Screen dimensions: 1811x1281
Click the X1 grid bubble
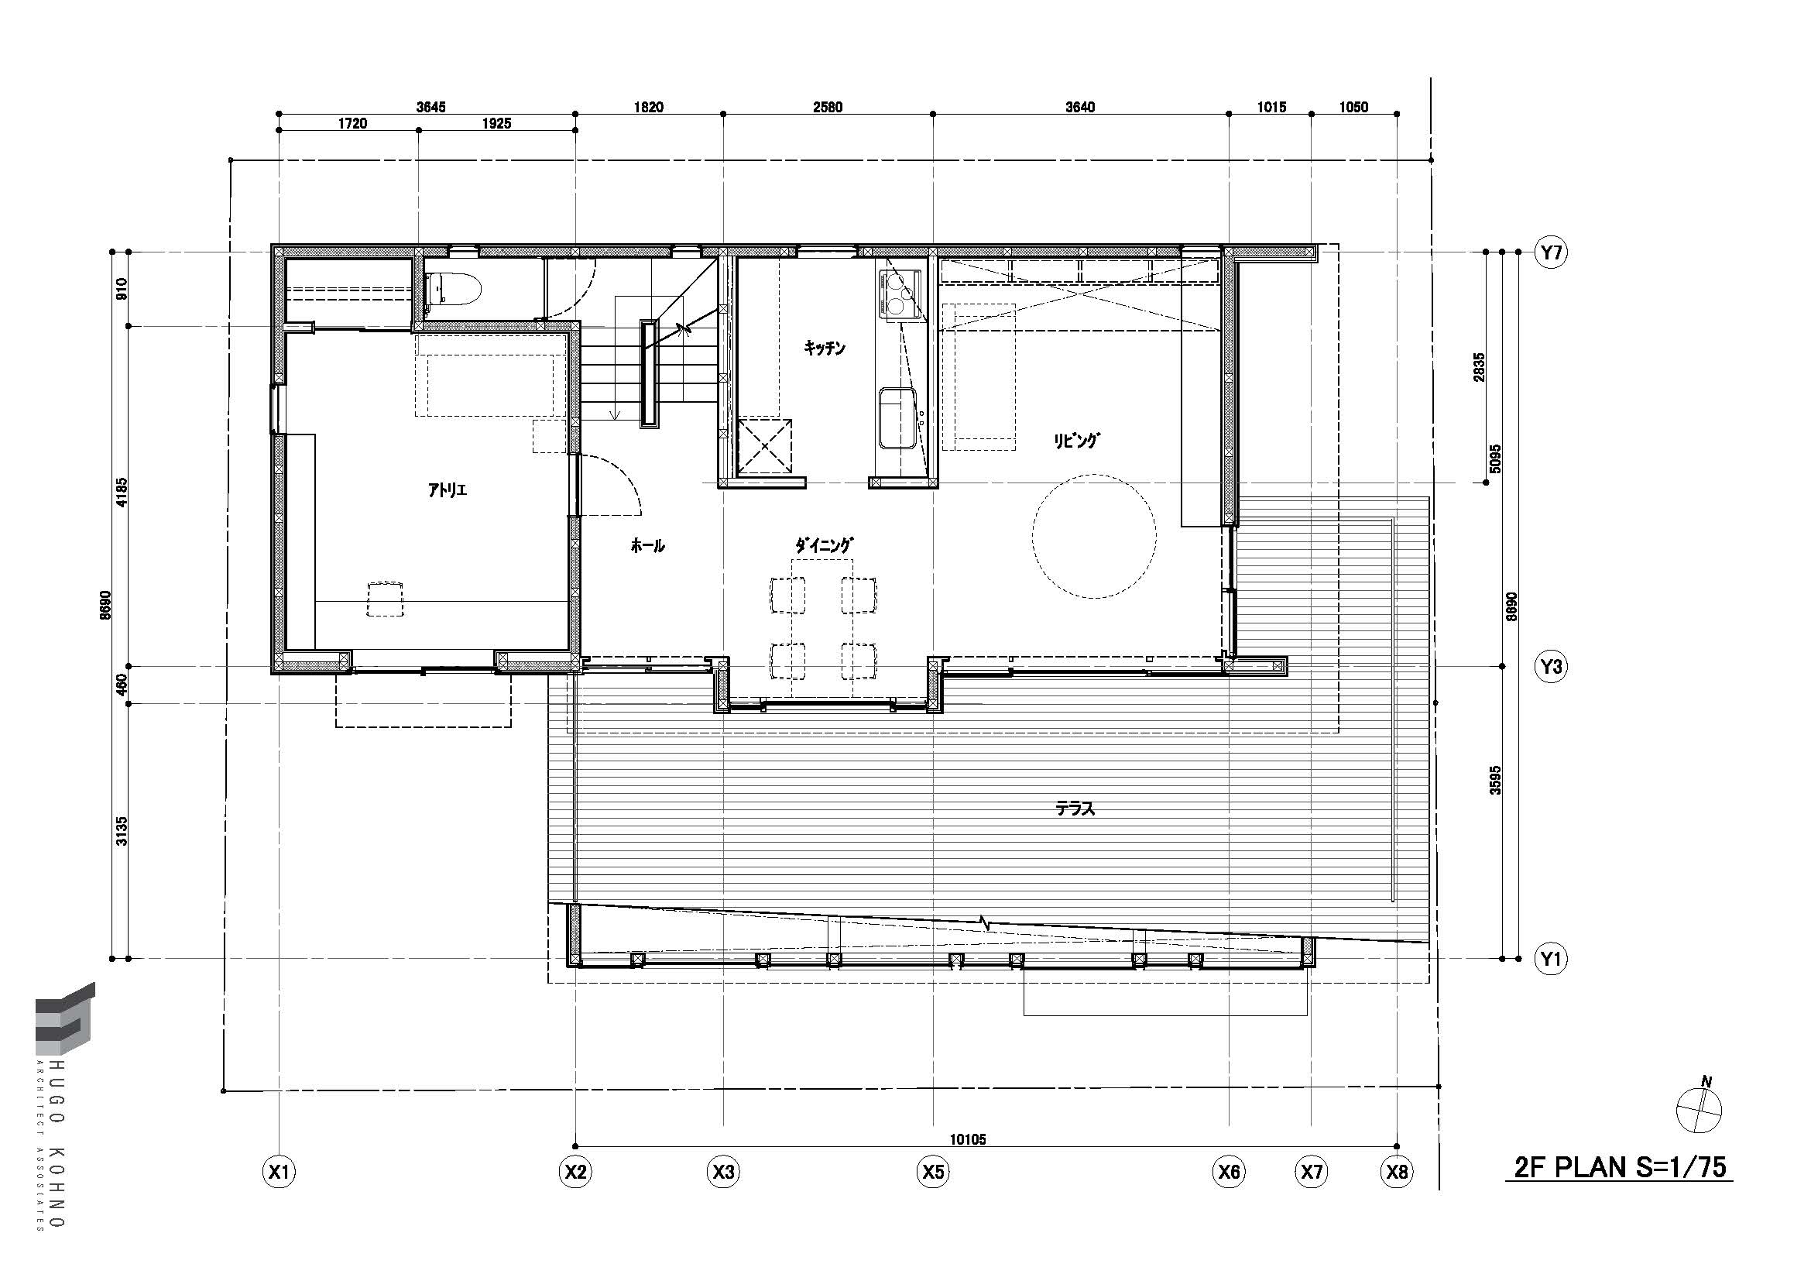[280, 1172]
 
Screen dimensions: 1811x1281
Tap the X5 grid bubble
[933, 1172]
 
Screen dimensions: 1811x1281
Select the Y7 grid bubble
[1551, 252]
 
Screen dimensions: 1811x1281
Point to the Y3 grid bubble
[1551, 667]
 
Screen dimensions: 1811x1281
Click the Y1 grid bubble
[1551, 959]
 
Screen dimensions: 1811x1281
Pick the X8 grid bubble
[1397, 1172]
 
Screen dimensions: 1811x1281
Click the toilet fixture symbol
[452, 290]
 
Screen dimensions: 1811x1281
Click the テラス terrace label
[1075, 809]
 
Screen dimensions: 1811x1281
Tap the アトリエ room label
[448, 489]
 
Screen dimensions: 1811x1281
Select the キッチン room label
[825, 347]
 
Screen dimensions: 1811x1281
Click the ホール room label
[647, 545]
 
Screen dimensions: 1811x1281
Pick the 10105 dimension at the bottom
[968, 1139]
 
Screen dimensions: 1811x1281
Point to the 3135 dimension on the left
[122, 830]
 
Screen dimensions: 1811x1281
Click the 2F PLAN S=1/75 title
[1620, 1167]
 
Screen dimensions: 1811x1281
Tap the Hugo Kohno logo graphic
[65, 1018]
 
